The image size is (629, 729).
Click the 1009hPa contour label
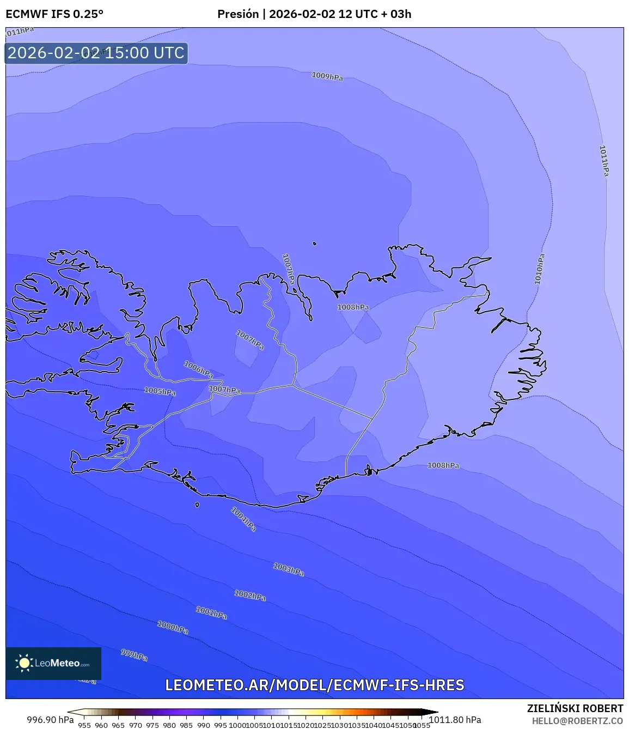pos(327,76)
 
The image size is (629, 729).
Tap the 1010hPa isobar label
pos(539,269)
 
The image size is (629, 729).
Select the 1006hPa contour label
pos(198,369)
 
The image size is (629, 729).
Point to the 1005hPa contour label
pos(160,391)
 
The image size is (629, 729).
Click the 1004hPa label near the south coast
pos(243,519)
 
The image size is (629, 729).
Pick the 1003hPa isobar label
pos(289,570)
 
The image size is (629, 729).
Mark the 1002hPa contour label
pos(250,595)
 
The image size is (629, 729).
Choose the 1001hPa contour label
pos(211,613)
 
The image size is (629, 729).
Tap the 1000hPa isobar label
pos(173,627)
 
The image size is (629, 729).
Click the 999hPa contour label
pos(134,654)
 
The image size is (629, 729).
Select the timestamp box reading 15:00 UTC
pos(96,53)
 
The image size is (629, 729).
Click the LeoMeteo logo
pos(53,663)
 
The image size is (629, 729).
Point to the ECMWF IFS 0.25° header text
pos(54,14)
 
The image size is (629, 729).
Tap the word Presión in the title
pos(238,14)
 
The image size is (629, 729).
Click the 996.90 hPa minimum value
pos(50,720)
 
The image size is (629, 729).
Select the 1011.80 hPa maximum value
pos(455,720)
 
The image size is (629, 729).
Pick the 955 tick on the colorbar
pos(84,725)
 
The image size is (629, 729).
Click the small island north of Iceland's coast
pos(314,244)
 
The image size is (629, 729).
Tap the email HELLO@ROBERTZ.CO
pos(577,721)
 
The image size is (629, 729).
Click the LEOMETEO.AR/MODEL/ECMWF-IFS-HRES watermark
pos(315,685)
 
